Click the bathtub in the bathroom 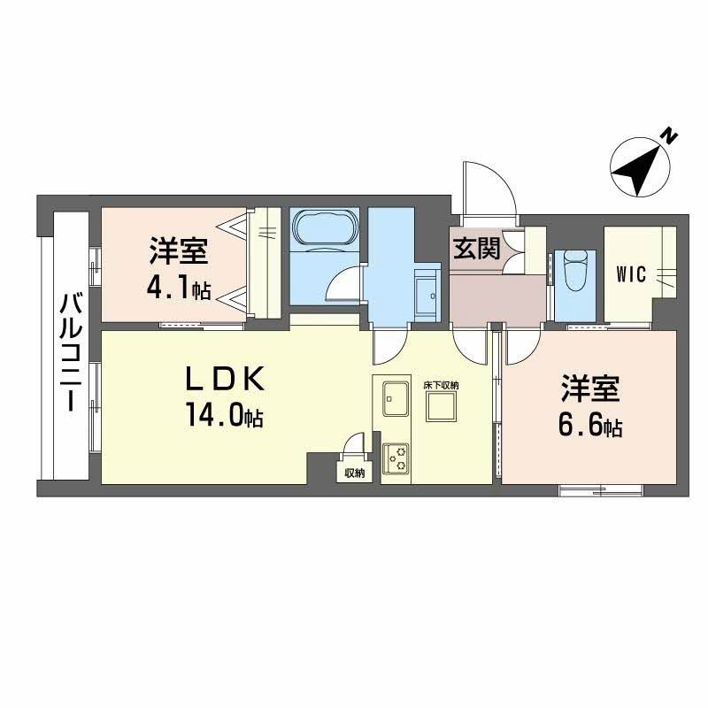[x=325, y=228]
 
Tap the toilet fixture [x=574, y=270]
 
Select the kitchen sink [x=396, y=399]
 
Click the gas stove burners [x=396, y=458]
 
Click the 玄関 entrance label [x=477, y=249]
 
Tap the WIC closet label [x=631, y=274]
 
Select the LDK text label [x=225, y=380]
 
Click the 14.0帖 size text [x=225, y=415]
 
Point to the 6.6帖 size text [x=590, y=426]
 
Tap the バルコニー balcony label [x=71, y=352]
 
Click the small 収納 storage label [x=355, y=473]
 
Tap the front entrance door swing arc [x=501, y=179]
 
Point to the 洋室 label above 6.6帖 [x=590, y=389]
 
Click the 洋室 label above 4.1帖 [x=180, y=251]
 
